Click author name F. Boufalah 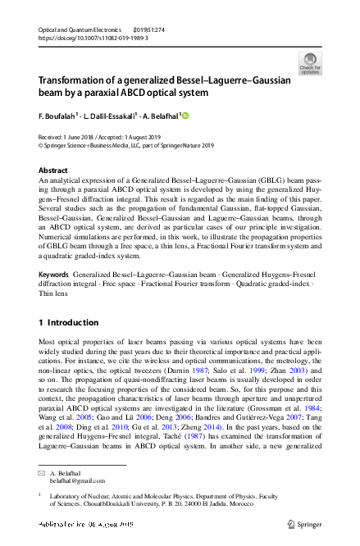click(x=57, y=116)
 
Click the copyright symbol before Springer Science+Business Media click(x=42, y=147)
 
